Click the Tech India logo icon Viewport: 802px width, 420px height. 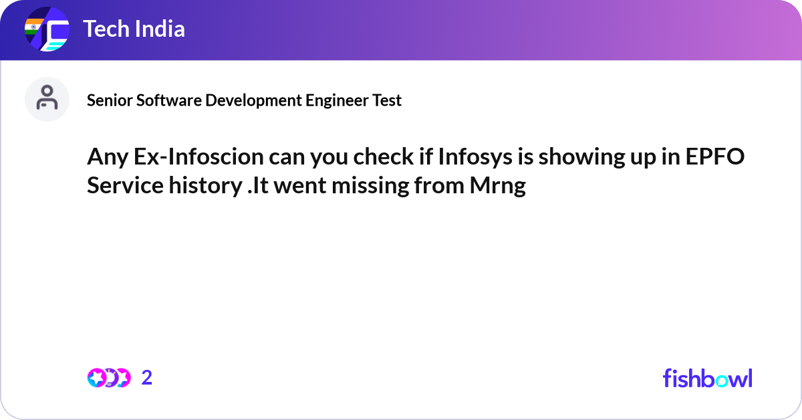click(47, 29)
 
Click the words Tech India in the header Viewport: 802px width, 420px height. click(134, 29)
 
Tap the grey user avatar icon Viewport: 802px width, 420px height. click(47, 99)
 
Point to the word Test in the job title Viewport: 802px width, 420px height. click(388, 100)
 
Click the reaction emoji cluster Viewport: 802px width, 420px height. click(109, 378)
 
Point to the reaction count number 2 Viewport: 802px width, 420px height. click(147, 378)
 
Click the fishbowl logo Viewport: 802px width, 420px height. click(707, 378)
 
